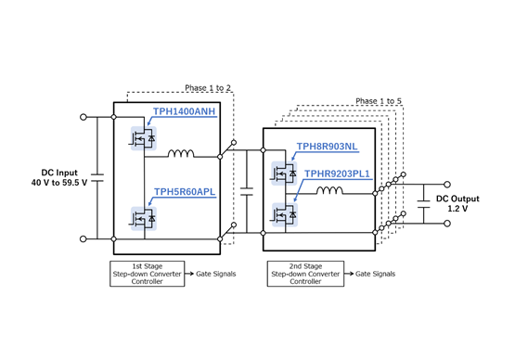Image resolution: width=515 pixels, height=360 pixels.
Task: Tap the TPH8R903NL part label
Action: click(x=328, y=147)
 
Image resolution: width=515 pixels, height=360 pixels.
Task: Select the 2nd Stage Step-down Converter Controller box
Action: click(x=304, y=274)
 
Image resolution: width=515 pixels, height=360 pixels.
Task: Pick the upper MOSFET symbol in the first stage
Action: click(x=142, y=137)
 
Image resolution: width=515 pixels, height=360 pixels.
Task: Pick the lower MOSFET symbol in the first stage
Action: click(x=142, y=218)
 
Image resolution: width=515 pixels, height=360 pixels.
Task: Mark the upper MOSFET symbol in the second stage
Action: click(x=282, y=174)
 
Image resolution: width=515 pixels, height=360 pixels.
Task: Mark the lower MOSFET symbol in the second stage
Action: click(x=282, y=214)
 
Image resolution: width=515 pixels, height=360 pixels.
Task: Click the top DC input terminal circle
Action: click(x=84, y=118)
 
